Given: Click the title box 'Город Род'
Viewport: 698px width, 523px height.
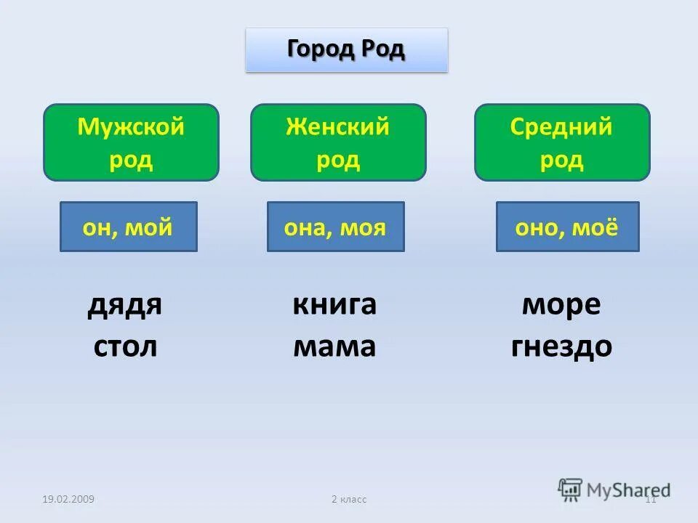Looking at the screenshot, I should pos(346,50).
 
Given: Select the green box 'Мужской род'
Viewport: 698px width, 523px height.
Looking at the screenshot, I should pos(131,142).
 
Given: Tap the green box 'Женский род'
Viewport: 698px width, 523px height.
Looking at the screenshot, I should pos(338,142).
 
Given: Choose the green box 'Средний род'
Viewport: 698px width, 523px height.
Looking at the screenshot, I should pos(562,142).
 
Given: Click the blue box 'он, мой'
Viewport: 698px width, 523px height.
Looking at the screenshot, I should pos(128,227).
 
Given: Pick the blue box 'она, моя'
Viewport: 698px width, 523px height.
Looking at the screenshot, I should pos(335,227).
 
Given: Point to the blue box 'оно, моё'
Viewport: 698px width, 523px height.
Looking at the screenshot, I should pos(567,227).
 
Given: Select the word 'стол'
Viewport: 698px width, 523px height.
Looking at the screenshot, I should pos(125,346).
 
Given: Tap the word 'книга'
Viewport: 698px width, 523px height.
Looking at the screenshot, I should pos(334,304).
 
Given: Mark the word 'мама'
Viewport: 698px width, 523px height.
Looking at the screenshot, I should pos(334,346).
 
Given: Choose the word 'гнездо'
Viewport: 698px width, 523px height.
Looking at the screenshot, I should pos(561,346).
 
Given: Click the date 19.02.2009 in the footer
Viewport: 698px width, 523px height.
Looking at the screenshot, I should pos(68,499).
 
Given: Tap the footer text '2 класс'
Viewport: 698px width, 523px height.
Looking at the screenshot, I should pos(349,499).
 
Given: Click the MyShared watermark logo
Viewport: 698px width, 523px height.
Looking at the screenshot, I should pos(614,489).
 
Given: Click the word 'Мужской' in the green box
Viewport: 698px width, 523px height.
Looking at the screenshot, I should pos(131,128).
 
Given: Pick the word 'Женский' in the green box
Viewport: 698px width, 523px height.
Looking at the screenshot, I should pos(338,128).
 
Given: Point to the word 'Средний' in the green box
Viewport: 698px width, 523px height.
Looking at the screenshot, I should pos(562,128).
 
